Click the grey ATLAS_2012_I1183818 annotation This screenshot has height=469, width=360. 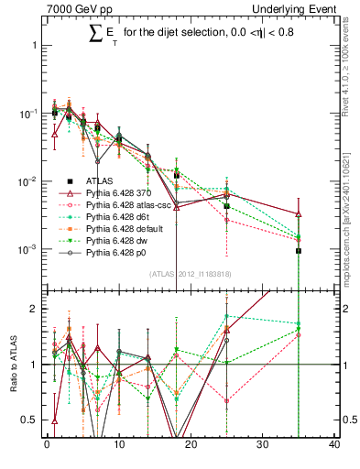pos(191,273)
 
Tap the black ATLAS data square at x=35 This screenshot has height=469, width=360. pos(299,250)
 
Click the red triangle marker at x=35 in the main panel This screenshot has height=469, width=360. pos(299,214)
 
